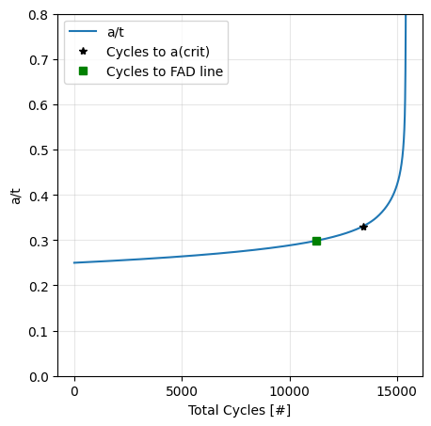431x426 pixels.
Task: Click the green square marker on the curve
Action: pos(316,241)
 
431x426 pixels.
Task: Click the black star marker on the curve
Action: pos(363,227)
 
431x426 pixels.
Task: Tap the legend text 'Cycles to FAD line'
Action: pos(165,71)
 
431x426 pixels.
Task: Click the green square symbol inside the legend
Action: pos(83,71)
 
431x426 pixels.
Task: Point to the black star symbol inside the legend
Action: pos(83,51)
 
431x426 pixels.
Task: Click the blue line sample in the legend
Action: pos(83,32)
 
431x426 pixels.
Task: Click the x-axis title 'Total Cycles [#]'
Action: pos(239,410)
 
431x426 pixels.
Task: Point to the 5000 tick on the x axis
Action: pos(182,390)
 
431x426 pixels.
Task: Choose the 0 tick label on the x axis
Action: pos(74,390)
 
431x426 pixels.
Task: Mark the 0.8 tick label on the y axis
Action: pos(39,15)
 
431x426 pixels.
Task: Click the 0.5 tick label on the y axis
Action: pos(39,150)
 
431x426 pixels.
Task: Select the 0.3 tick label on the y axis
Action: pos(39,241)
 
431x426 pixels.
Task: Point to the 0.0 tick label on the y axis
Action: pos(39,376)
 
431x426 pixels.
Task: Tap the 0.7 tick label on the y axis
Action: pos(39,60)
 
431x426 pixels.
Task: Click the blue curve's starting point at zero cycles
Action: pos(74,262)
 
